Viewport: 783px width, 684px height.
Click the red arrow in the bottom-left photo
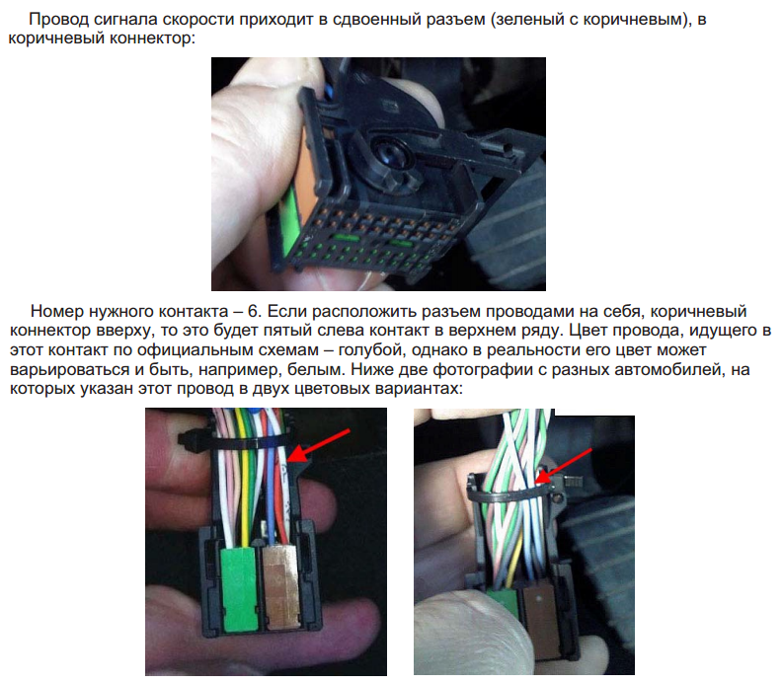click(320, 445)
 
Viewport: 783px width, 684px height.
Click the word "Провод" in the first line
click(59, 19)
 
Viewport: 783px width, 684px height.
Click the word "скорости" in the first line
click(198, 19)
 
